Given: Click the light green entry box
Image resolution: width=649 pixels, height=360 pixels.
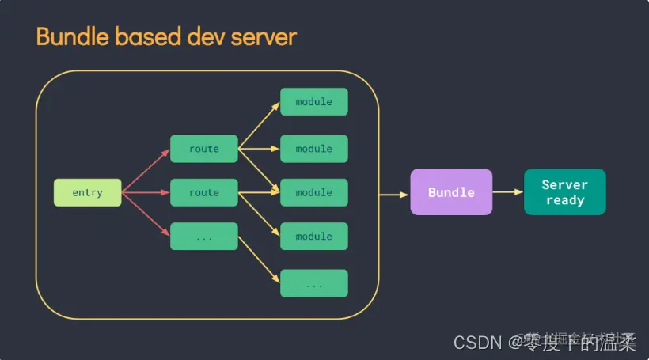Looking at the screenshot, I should [87, 193].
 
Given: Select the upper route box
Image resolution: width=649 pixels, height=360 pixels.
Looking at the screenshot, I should [203, 149].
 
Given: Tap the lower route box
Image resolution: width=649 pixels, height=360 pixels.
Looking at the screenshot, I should [203, 192].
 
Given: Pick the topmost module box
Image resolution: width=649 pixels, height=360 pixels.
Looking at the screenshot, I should [313, 102].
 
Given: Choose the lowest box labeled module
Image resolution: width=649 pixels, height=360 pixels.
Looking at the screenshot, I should [313, 237].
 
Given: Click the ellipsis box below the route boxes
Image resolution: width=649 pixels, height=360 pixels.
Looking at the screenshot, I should [203, 237].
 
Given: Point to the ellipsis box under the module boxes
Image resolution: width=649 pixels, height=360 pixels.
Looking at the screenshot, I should [313, 283].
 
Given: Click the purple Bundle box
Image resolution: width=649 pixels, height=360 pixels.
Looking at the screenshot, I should [451, 192].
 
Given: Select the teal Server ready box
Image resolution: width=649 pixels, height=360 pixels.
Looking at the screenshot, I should [564, 192].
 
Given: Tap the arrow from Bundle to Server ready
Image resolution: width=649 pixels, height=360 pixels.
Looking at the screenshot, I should [507, 192].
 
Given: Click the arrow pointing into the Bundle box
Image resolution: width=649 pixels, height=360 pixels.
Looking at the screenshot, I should [394, 193].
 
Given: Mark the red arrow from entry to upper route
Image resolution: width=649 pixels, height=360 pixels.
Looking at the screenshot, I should [146, 170].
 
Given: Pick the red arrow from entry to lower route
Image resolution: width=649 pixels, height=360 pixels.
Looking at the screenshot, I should [146, 193].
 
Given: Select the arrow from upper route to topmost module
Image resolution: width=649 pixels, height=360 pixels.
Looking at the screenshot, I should [259, 125].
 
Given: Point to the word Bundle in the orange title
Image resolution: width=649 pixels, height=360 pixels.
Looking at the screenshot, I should [67, 36].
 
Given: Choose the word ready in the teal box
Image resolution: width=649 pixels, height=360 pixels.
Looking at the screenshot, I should [564, 200].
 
